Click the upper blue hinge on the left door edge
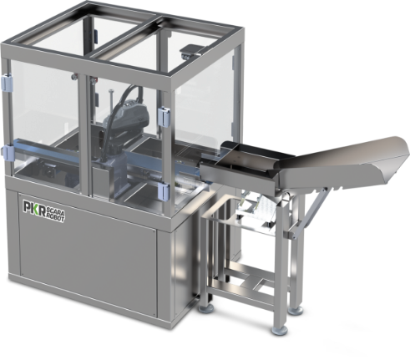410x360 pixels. (x=7, y=82)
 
